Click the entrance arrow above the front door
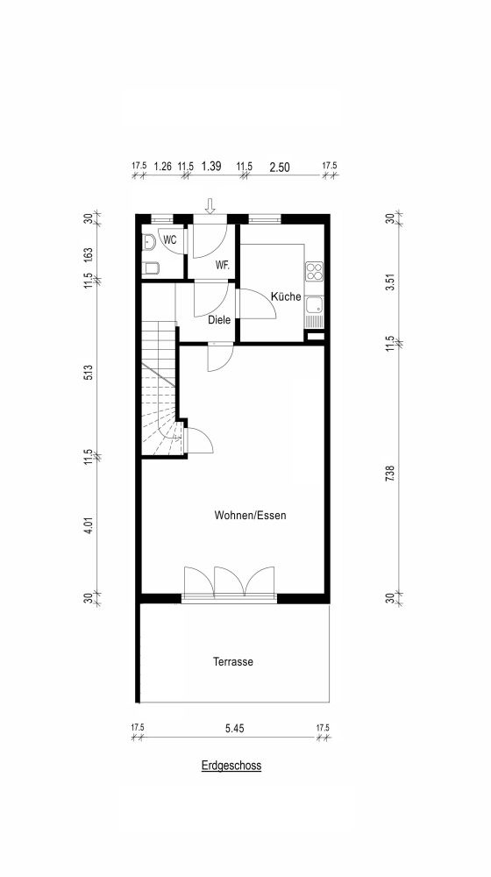click(210, 206)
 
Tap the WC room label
click(170, 240)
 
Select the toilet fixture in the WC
click(151, 268)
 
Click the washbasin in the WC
click(148, 242)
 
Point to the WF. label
click(223, 265)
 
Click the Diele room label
click(219, 320)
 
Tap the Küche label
click(287, 296)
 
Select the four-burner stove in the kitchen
click(314, 271)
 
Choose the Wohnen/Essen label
click(250, 515)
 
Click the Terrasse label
click(233, 661)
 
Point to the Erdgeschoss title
click(231, 766)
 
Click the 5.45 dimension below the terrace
click(234, 729)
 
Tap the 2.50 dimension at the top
click(280, 167)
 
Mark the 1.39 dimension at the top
click(211, 166)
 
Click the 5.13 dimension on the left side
click(89, 373)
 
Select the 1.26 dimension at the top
click(162, 166)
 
